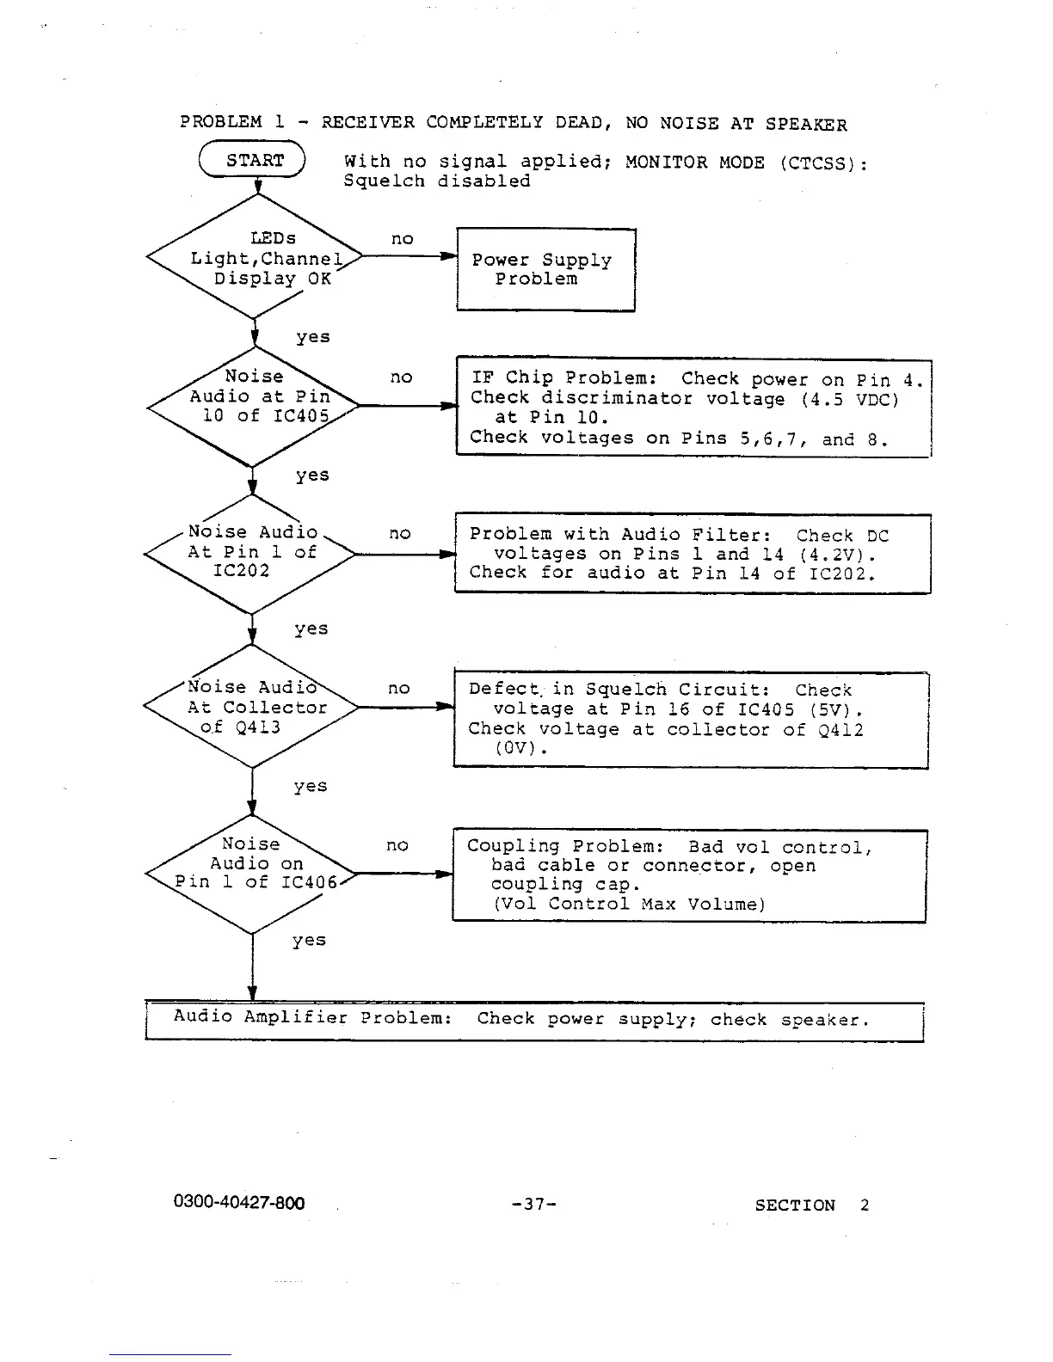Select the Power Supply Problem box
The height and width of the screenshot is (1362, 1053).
click(545, 270)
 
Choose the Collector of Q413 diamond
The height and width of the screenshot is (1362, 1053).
click(251, 707)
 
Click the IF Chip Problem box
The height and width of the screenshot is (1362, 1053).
click(693, 408)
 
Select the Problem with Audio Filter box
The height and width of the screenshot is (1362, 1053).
click(692, 554)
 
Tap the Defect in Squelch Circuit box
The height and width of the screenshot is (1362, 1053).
click(690, 720)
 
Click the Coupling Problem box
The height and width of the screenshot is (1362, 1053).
click(689, 875)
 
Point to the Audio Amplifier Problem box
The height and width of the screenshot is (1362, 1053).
click(533, 1021)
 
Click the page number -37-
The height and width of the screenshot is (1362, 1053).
click(533, 1205)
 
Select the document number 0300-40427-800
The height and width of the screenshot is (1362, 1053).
click(239, 1203)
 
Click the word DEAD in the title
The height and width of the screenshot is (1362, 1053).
click(582, 123)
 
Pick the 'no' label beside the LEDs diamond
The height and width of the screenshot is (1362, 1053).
click(402, 239)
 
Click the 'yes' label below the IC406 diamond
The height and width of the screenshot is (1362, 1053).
click(309, 940)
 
